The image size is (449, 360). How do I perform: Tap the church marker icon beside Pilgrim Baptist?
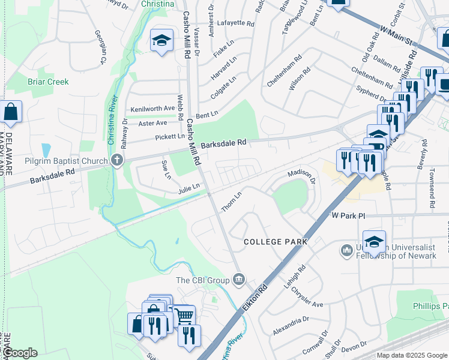[116, 161]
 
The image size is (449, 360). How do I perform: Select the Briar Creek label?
[48, 82]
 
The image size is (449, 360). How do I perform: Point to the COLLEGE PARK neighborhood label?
[276, 242]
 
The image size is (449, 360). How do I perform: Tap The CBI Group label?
[202, 280]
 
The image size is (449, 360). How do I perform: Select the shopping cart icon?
[184, 314]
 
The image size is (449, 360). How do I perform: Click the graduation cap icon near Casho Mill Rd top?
[161, 41]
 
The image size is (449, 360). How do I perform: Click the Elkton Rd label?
[255, 296]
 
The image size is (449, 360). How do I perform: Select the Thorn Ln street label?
[231, 201]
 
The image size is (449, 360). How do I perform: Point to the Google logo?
[19, 353]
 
